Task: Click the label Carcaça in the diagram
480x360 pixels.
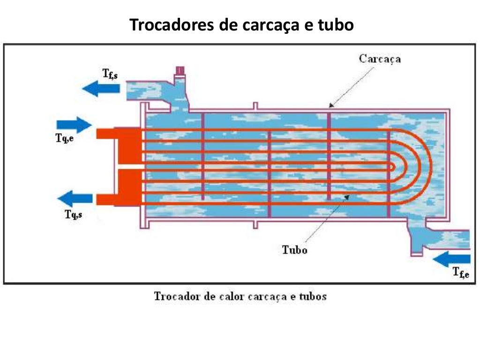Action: pos(380,59)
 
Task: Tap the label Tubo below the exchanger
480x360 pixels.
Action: pos(294,249)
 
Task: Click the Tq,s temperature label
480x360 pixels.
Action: pos(73,215)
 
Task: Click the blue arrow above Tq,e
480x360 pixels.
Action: pos(74,125)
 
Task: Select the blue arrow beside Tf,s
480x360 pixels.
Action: pos(101,88)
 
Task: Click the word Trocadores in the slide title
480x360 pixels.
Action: pos(170,25)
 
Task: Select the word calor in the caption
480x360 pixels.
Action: pos(240,296)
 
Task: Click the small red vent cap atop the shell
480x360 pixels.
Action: pos(180,71)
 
